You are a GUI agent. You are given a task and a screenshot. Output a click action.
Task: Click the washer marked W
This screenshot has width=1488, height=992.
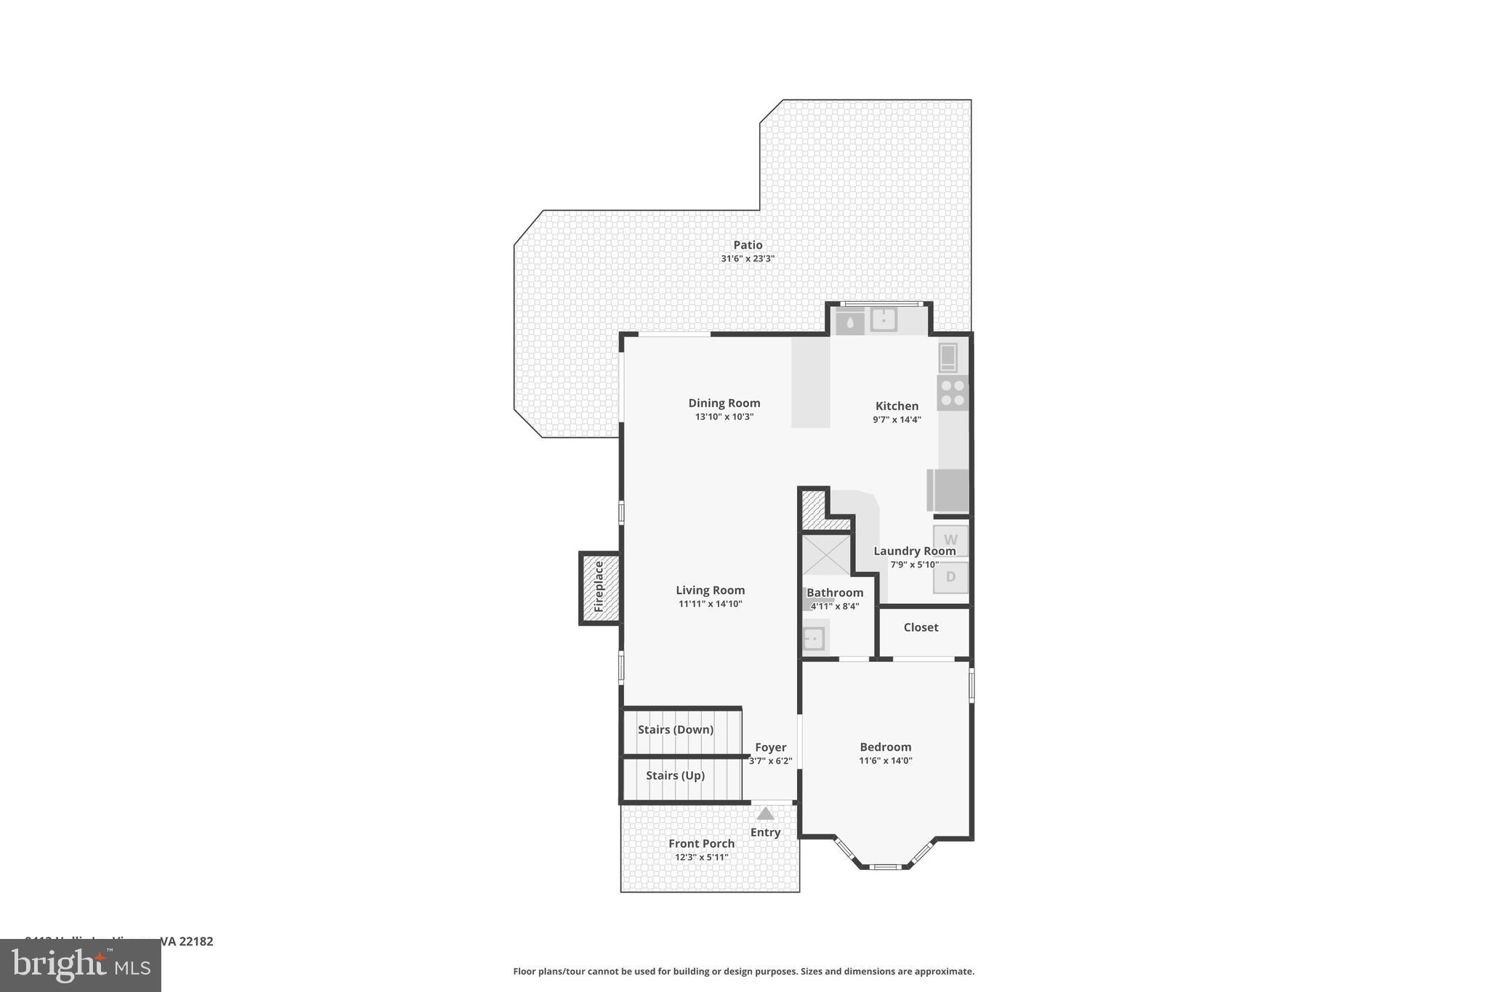click(950, 539)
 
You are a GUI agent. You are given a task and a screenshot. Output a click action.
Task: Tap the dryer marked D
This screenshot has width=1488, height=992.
click(950, 577)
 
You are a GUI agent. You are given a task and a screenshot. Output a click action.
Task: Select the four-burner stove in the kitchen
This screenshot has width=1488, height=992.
click(952, 393)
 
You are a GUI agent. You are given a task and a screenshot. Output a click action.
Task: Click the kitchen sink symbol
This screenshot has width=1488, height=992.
click(883, 319)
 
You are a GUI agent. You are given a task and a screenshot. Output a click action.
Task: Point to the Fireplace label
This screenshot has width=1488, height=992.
click(599, 586)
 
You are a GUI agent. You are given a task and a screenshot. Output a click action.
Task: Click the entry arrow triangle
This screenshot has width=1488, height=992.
click(765, 814)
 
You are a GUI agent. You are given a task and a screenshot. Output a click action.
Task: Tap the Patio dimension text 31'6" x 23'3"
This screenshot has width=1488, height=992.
click(748, 259)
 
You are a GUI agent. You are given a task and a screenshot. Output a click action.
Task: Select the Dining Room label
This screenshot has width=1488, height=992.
click(724, 403)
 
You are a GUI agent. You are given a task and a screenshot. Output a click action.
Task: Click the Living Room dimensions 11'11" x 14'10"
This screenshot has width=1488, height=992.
click(710, 604)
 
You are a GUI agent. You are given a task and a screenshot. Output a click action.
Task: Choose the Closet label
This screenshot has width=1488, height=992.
click(921, 627)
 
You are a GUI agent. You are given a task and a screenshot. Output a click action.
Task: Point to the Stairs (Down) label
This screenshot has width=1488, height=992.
click(675, 730)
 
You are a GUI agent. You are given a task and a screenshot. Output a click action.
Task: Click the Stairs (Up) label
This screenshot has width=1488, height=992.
click(675, 775)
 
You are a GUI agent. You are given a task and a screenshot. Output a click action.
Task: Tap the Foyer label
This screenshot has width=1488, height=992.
click(770, 747)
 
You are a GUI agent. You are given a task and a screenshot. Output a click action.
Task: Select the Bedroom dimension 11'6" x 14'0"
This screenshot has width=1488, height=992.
click(885, 761)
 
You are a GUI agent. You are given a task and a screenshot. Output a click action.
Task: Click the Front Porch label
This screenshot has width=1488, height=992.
click(701, 843)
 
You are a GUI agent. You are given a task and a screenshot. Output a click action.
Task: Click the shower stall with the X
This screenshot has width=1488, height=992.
click(825, 554)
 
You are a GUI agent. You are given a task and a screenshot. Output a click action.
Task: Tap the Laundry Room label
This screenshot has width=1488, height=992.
click(914, 551)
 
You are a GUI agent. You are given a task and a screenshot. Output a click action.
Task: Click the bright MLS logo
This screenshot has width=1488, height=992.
click(81, 966)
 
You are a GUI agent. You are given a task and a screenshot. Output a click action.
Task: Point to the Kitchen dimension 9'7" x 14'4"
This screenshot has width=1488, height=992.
click(897, 419)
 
